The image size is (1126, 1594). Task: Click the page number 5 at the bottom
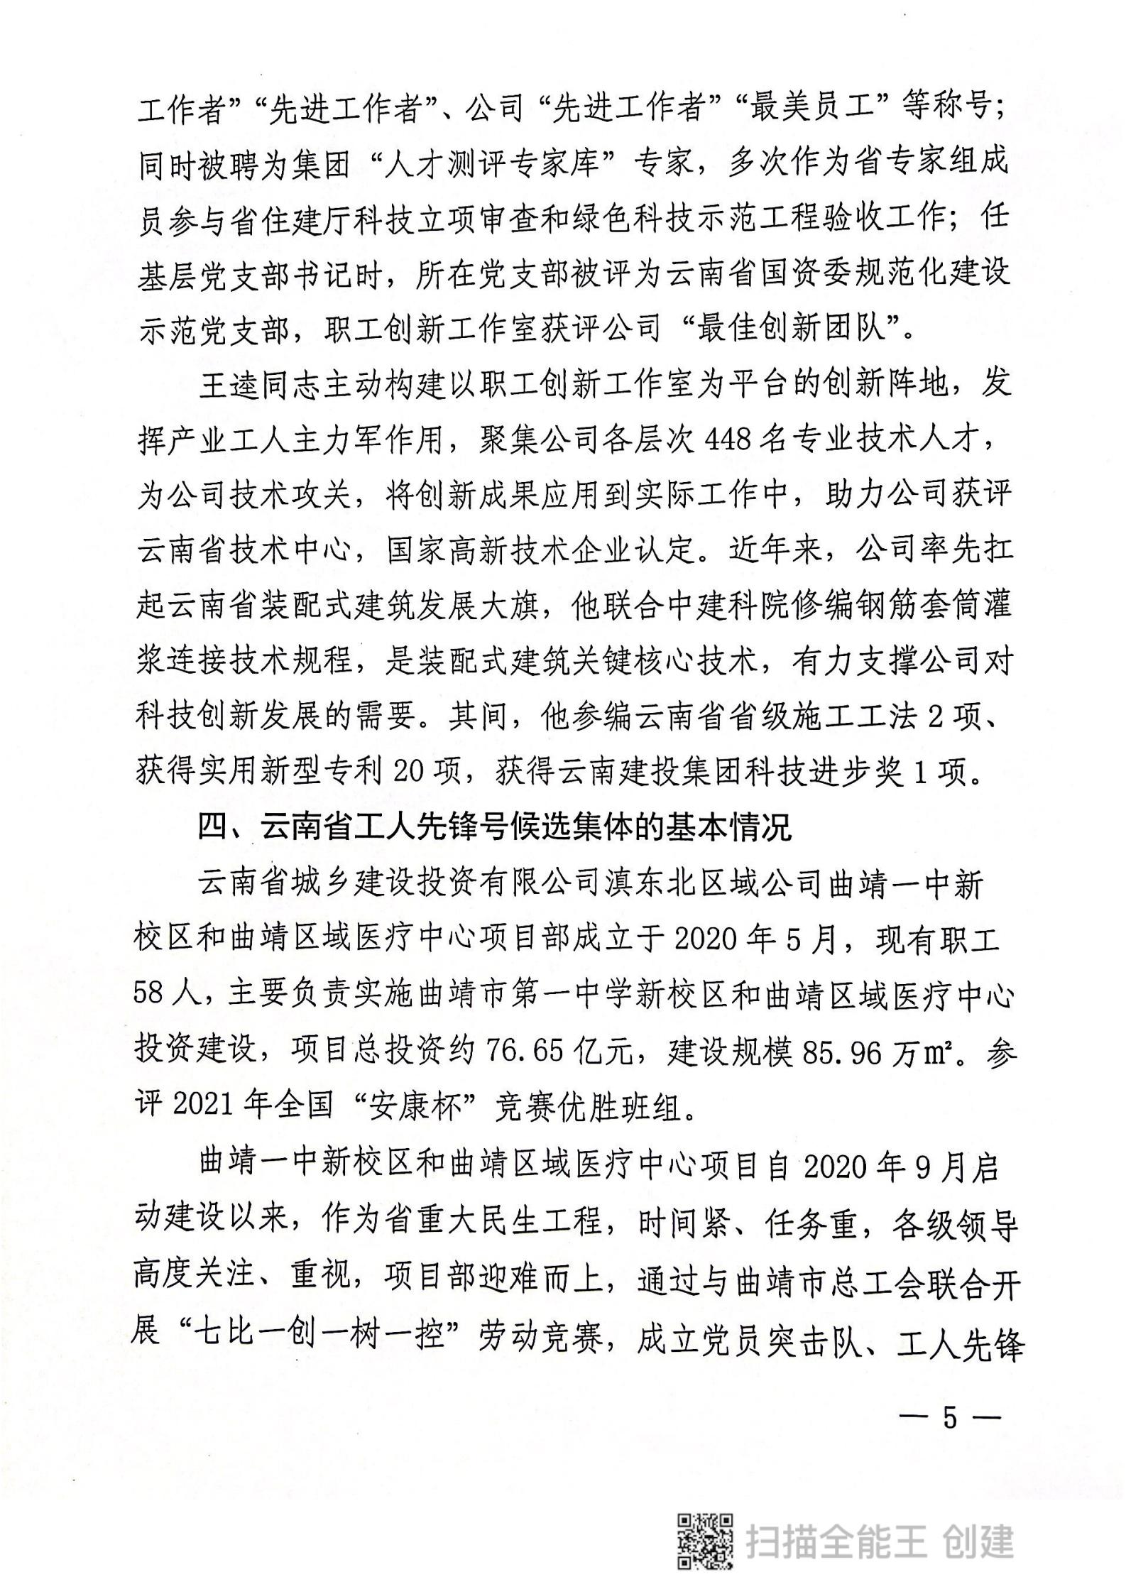(951, 1416)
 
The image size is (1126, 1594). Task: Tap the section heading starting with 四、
(494, 828)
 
